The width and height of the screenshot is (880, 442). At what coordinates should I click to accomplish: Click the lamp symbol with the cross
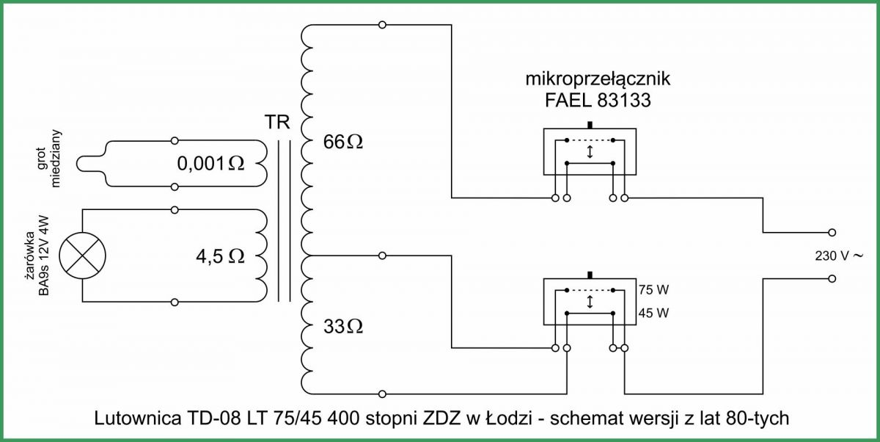[x=82, y=256]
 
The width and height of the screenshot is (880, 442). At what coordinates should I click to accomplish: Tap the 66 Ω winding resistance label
[x=343, y=142]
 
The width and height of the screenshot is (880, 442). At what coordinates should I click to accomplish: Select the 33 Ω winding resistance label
[x=343, y=327]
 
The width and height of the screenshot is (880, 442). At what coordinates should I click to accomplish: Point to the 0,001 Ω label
[x=210, y=164]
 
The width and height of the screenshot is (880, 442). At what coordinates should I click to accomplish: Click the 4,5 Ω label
[x=220, y=256]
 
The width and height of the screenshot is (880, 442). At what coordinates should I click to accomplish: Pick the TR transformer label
[x=277, y=122]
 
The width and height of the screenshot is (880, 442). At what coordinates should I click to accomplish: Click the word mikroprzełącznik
[x=598, y=79]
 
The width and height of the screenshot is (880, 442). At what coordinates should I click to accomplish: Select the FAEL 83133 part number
[x=598, y=101]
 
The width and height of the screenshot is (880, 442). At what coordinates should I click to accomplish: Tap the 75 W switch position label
[x=653, y=290]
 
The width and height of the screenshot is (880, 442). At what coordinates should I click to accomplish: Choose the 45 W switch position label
[x=653, y=313]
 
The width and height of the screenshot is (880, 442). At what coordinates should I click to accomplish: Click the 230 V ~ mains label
[x=839, y=256]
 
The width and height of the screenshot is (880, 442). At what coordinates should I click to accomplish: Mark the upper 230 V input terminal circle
[x=832, y=233]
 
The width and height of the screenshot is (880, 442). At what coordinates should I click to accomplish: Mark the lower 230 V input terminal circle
[x=832, y=279]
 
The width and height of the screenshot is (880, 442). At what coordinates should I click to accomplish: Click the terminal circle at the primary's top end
[x=382, y=25]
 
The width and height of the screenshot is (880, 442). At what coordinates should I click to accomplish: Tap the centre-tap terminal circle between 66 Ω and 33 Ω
[x=382, y=256]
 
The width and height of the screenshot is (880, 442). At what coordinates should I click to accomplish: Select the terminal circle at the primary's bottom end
[x=382, y=394]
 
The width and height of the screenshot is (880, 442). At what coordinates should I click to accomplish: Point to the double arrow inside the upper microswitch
[x=590, y=152]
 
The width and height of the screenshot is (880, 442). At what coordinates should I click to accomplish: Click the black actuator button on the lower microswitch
[x=590, y=275]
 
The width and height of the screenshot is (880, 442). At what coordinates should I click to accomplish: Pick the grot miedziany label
[x=48, y=158]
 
